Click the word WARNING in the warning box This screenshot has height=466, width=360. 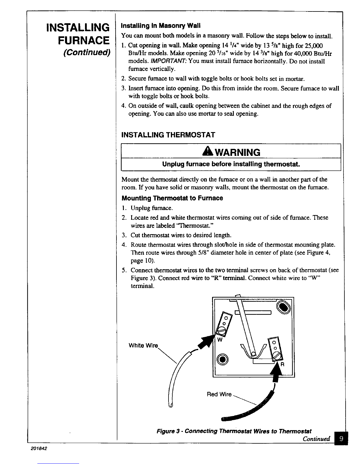point(235,152)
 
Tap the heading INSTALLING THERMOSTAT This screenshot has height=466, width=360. point(168,135)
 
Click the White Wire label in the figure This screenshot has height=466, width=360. point(144,345)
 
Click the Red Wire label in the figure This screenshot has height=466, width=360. point(219,394)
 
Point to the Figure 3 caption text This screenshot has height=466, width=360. point(234,431)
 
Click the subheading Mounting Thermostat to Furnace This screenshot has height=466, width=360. point(172,198)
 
